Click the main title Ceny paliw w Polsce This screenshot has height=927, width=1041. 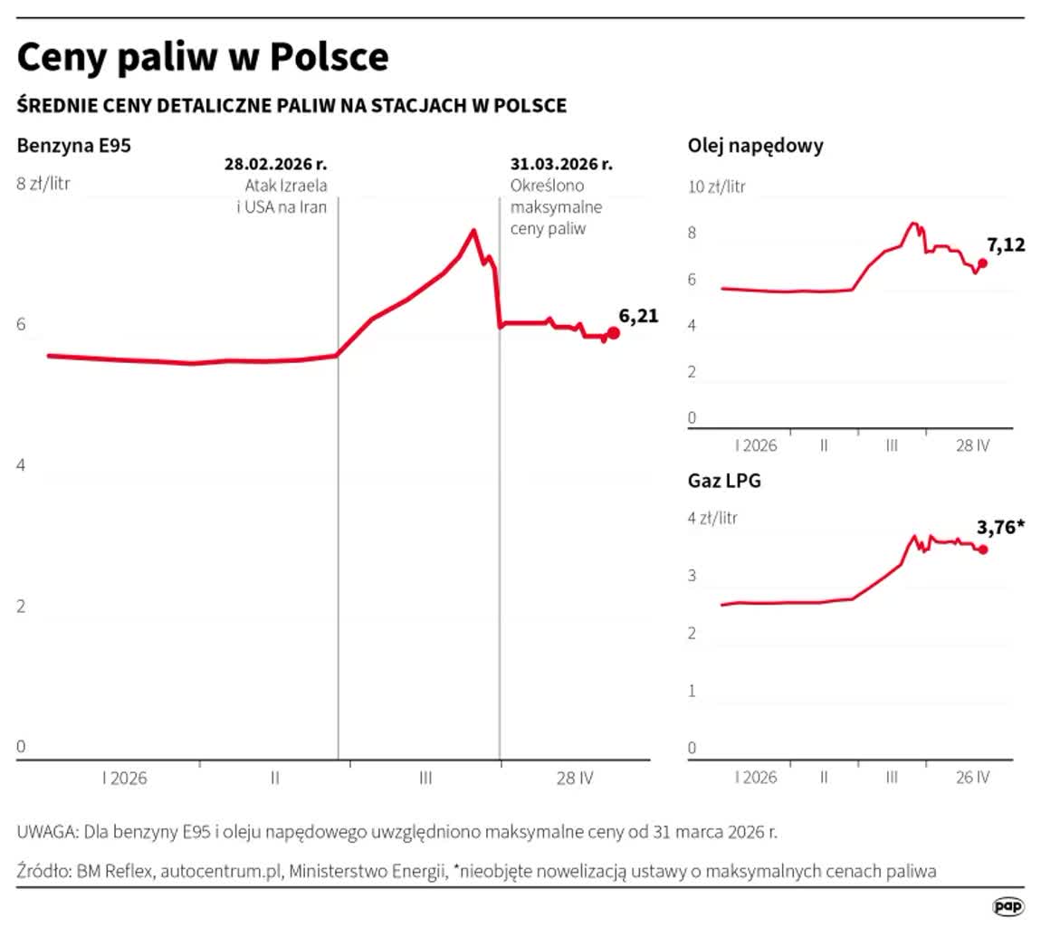[203, 57]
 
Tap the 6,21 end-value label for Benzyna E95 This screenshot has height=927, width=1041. [638, 316]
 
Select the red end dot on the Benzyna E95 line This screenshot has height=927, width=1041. [613, 333]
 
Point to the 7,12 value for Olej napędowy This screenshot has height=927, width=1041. [1005, 244]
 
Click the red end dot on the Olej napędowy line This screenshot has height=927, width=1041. [983, 263]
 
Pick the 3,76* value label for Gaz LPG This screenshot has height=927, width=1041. [1001, 527]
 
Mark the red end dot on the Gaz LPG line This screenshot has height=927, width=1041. [983, 550]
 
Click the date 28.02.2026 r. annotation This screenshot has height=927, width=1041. [275, 165]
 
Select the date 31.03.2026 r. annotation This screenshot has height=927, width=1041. [561, 165]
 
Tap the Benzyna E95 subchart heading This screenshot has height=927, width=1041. [76, 144]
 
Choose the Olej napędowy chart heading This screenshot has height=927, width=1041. [755, 146]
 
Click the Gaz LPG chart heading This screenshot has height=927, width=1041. [724, 481]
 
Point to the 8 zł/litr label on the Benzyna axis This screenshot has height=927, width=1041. [43, 185]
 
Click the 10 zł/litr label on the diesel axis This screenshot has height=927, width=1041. [717, 187]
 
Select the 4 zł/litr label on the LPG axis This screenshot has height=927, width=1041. [712, 519]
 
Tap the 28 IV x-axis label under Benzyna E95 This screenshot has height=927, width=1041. [575, 778]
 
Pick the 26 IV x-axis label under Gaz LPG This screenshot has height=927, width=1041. [973, 778]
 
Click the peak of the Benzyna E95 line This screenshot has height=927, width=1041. [473, 231]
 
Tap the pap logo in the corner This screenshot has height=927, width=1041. [1008, 906]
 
